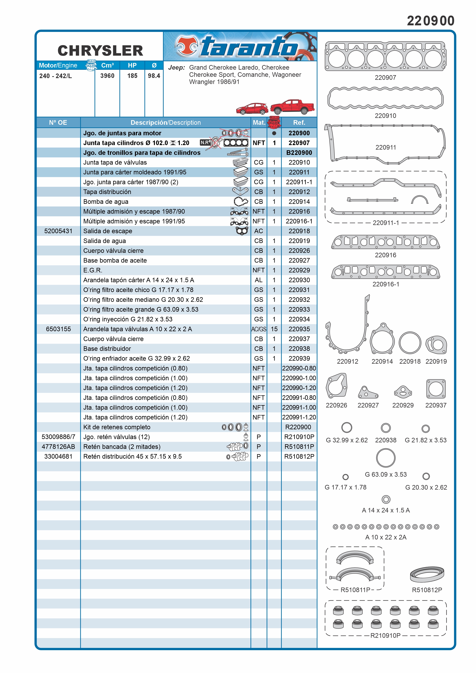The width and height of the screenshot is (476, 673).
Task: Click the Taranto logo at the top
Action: click(x=240, y=46)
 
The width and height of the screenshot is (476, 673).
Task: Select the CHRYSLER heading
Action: click(x=100, y=51)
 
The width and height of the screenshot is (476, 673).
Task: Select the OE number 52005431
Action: click(x=58, y=231)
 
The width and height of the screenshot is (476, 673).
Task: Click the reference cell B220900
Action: click(x=299, y=153)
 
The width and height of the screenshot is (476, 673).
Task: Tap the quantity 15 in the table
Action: click(x=274, y=329)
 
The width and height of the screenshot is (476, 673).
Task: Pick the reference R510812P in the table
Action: click(x=299, y=456)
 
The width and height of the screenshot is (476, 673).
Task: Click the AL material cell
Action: click(x=259, y=280)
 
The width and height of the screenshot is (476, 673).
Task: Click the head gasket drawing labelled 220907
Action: click(x=385, y=56)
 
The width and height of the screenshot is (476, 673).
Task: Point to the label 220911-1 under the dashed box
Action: click(x=386, y=223)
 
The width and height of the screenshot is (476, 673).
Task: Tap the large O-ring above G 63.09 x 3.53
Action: click(x=386, y=458)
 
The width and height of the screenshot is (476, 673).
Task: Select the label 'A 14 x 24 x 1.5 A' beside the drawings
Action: click(x=386, y=510)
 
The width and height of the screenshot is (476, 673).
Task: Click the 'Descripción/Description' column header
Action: click(x=166, y=122)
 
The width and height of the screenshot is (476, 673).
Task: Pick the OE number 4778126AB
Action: click(x=58, y=447)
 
